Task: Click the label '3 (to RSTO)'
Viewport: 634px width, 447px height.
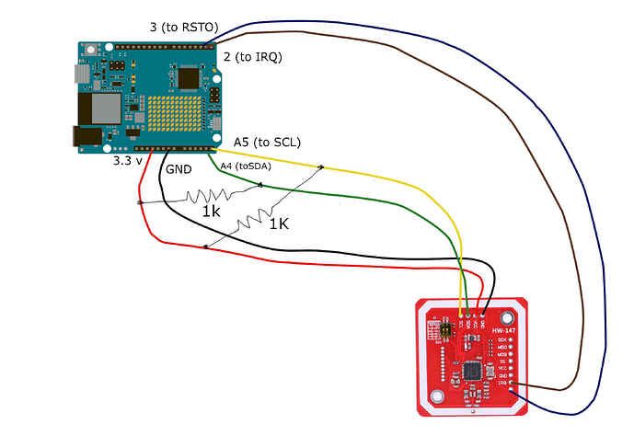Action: pyautogui.click(x=183, y=27)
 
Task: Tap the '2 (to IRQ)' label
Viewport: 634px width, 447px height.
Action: pyautogui.click(x=252, y=57)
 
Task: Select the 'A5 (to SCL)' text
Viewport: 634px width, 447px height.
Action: pyautogui.click(x=267, y=142)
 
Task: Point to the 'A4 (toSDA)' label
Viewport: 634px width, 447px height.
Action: pyautogui.click(x=246, y=166)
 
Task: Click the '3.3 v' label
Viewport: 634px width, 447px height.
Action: pyautogui.click(x=128, y=160)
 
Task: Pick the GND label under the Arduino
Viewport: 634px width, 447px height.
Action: pyautogui.click(x=179, y=170)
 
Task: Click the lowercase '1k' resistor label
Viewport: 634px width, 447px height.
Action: pyautogui.click(x=212, y=212)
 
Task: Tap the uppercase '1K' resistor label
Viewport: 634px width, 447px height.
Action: pyautogui.click(x=279, y=222)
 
